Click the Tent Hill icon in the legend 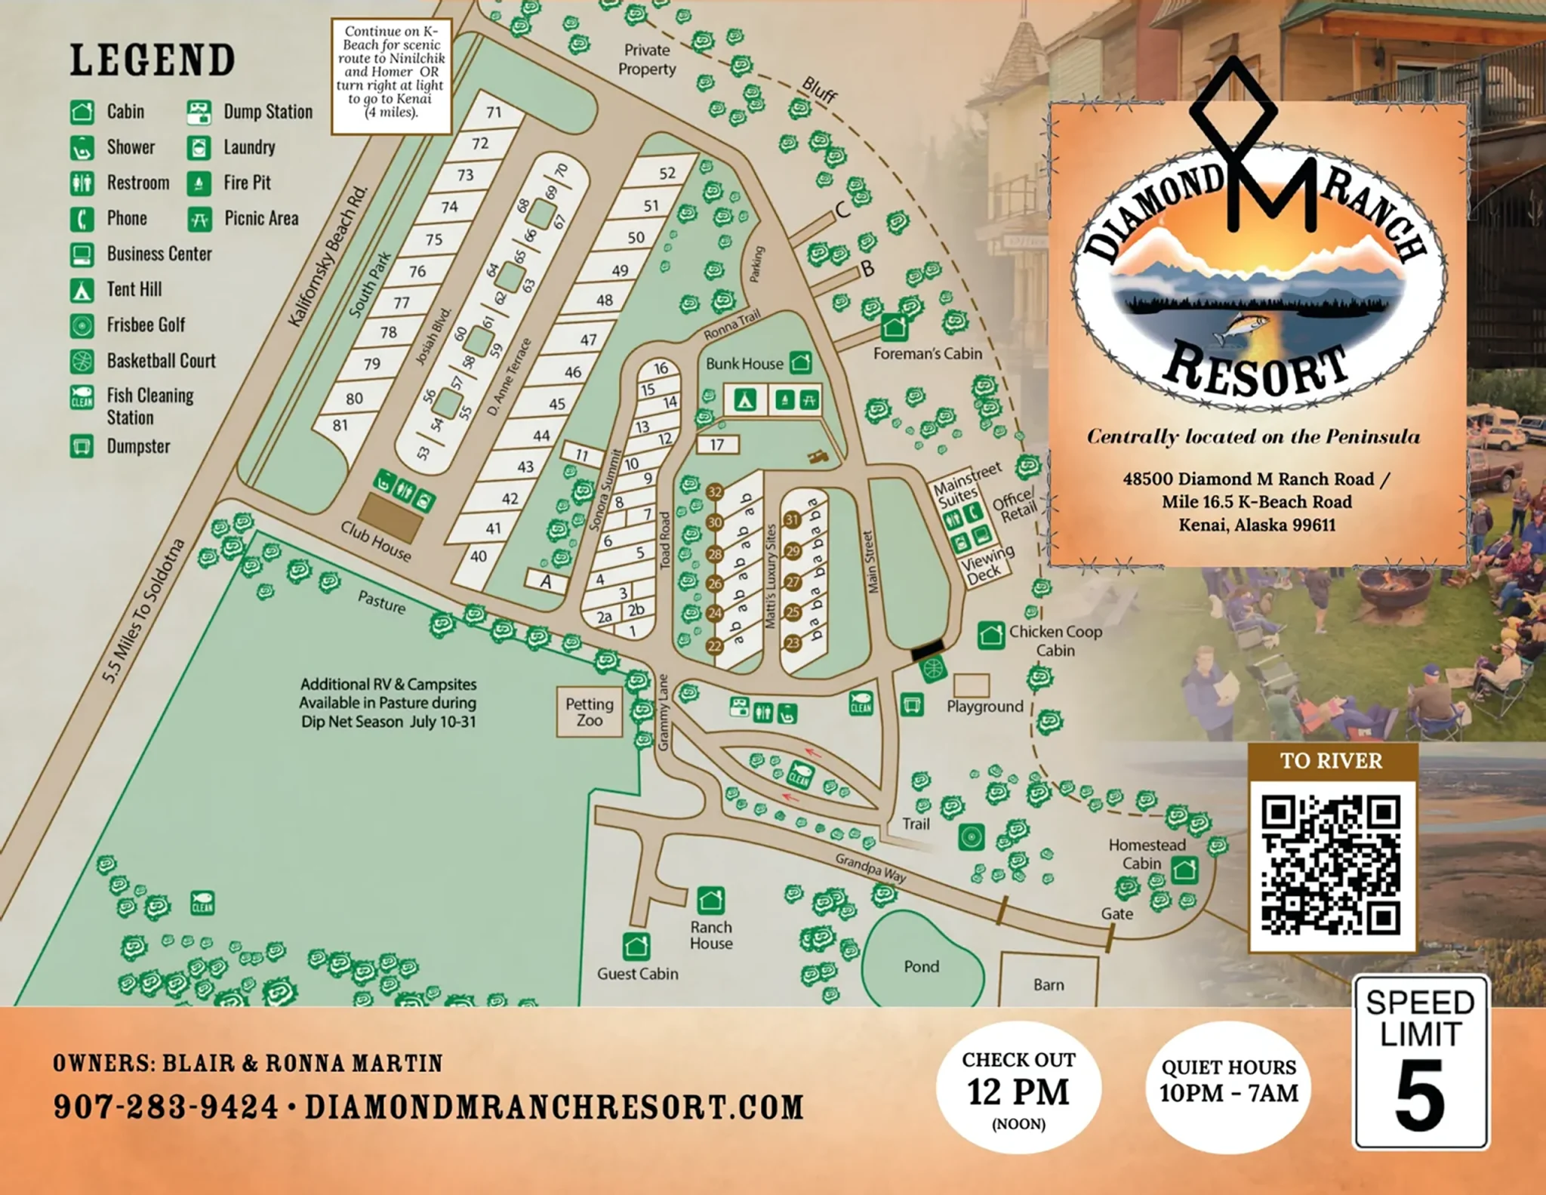82,290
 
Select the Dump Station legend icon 199,112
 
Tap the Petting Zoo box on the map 589,712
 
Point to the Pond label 921,966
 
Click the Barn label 1048,984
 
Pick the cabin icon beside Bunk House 800,363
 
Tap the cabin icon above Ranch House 710,900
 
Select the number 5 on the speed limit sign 1419,1096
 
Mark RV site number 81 340,425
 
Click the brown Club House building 390,517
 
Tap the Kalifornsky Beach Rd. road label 328,256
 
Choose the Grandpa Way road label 870,867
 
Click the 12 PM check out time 1018,1092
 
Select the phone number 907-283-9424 166,1107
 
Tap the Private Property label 647,60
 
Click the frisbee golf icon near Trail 971,836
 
